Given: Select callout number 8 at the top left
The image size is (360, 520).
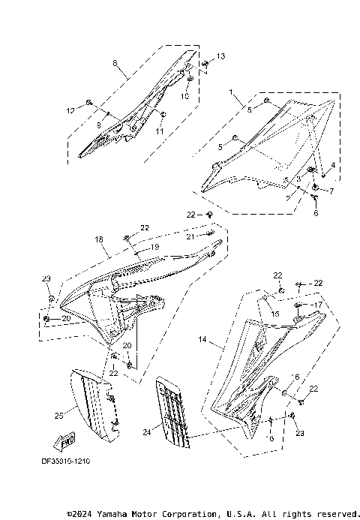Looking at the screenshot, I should pos(115,65).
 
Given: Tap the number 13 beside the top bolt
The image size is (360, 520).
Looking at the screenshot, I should pos(220,57).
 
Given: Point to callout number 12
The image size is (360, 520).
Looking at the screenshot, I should pos(70,110).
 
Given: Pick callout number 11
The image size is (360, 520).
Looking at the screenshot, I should pos(160,131).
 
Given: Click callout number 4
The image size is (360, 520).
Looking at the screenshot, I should pos(334,164).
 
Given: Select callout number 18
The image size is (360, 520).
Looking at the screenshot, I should pos(99,240).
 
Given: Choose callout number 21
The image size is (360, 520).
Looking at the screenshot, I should pos(190,236).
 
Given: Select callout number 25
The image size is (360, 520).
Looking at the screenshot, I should pos(58,414).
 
